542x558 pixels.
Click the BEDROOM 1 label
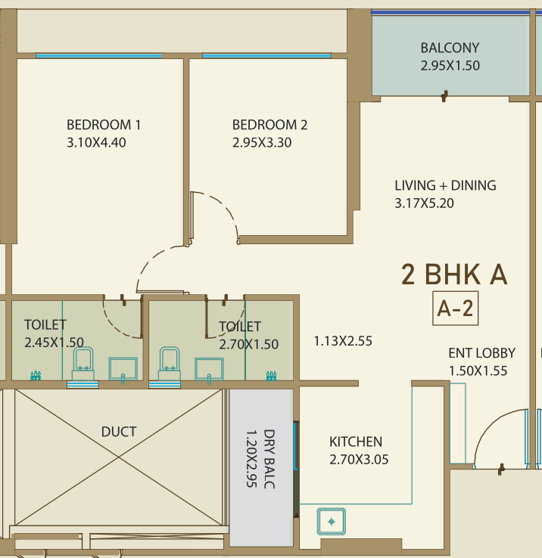pos(104,125)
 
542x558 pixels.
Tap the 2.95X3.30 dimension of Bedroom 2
pos(262,143)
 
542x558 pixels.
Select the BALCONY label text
pos(450,48)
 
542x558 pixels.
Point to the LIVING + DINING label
pos(445,185)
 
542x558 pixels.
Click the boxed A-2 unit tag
pos(455,308)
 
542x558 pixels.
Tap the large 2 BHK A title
pos(454,274)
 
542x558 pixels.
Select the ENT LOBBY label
pos(481,353)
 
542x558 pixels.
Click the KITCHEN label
pos(356,442)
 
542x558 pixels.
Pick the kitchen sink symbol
pos(332,522)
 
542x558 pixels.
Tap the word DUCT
pos(119,432)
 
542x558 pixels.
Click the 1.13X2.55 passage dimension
pos(343,341)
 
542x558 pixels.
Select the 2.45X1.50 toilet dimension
pos(54,343)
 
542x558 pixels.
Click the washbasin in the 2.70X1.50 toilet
pos(209,370)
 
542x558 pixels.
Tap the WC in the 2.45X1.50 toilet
pos(83,364)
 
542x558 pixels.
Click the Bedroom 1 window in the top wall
pos(99,56)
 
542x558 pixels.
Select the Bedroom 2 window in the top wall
pos(266,56)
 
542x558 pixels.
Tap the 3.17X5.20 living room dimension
pos(424,203)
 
